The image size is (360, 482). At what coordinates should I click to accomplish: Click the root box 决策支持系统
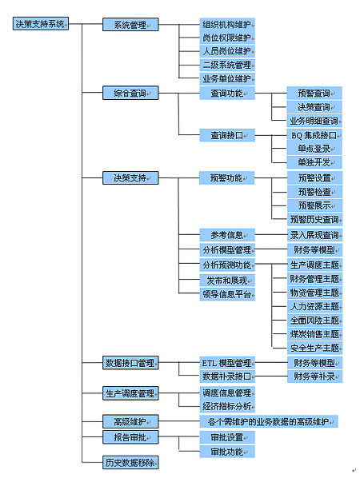(41, 24)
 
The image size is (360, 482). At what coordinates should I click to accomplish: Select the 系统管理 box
(130, 25)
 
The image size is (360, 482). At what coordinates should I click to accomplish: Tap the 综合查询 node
(130, 93)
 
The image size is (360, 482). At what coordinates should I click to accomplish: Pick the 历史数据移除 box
(130, 462)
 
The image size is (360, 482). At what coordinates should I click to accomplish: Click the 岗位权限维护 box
(227, 38)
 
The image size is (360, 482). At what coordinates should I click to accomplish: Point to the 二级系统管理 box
(227, 65)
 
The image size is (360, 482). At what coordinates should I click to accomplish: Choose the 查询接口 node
(227, 135)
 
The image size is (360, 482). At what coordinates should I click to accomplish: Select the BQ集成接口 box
(314, 135)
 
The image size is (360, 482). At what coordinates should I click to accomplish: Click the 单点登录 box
(314, 149)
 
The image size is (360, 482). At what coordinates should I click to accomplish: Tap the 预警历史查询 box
(314, 220)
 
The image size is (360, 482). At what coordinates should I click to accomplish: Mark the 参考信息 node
(227, 235)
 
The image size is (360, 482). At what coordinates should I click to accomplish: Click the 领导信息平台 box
(227, 294)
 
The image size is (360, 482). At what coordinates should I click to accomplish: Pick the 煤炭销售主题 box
(314, 334)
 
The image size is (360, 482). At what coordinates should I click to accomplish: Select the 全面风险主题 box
(314, 321)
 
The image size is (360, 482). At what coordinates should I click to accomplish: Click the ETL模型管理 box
(227, 363)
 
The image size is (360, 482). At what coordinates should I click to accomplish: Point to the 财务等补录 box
(314, 376)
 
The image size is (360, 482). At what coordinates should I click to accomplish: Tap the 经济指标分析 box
(227, 406)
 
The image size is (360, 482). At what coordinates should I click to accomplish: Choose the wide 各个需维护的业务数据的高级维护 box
(269, 421)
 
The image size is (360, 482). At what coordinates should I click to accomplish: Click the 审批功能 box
(227, 452)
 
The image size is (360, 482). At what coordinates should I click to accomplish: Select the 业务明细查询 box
(314, 121)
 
